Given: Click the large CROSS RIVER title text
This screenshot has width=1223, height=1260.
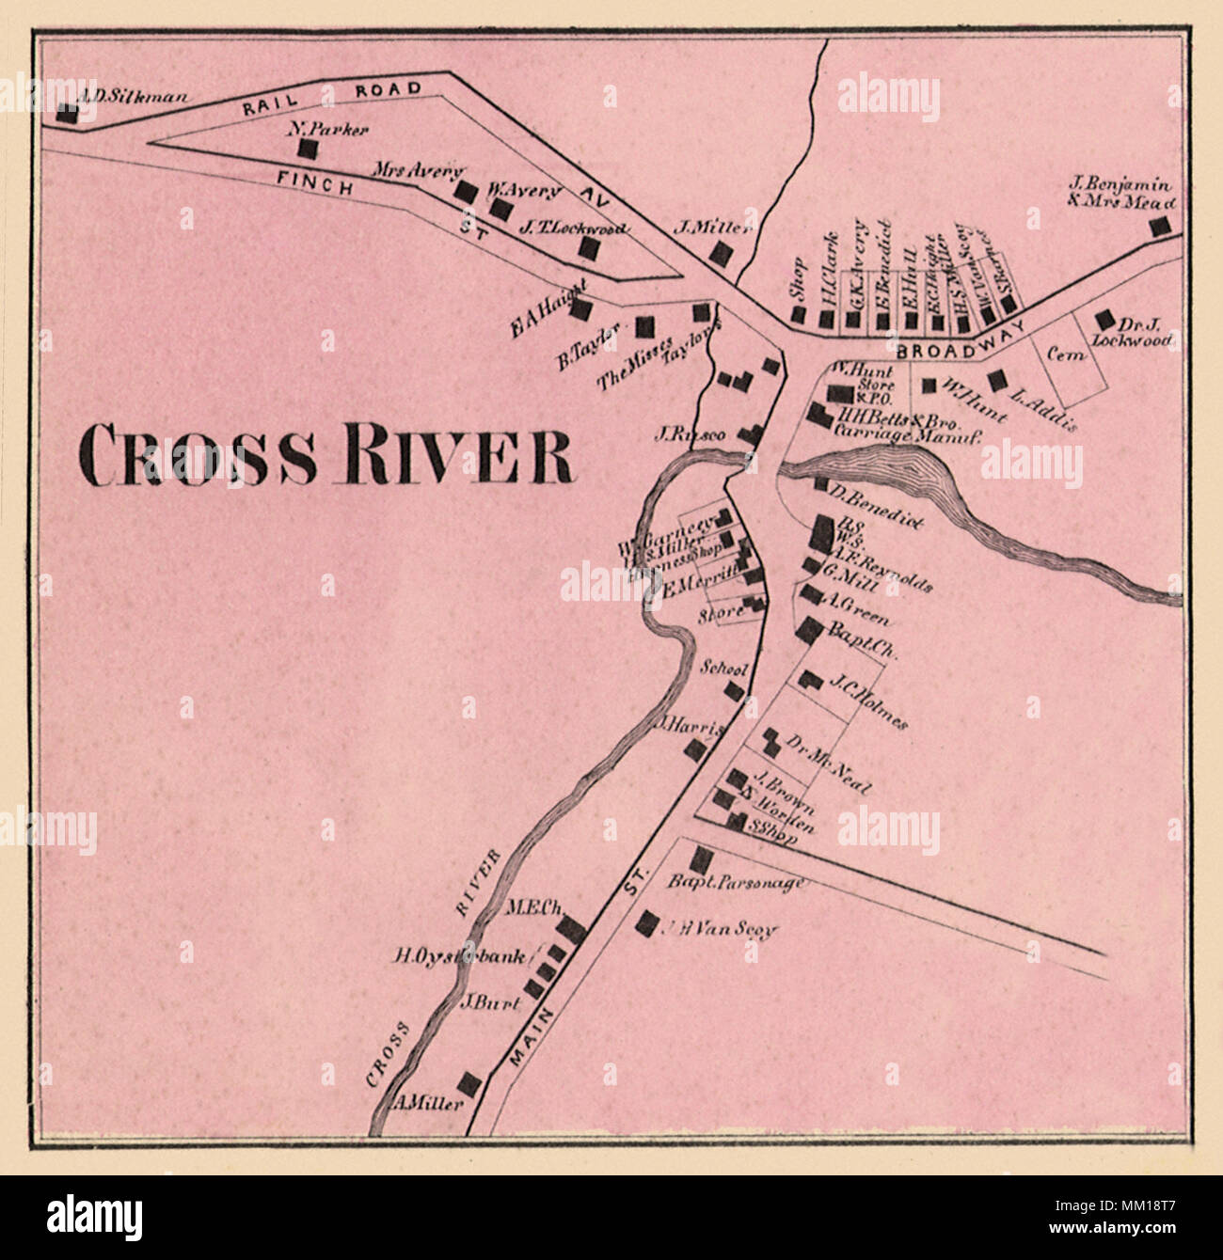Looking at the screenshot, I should pyautogui.click(x=325, y=453).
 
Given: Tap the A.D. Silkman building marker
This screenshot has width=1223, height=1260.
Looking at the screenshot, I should pyautogui.click(x=67, y=113).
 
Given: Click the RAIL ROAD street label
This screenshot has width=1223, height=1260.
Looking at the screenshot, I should pyautogui.click(x=331, y=99).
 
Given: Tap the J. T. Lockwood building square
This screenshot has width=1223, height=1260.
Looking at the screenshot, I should pyautogui.click(x=588, y=248).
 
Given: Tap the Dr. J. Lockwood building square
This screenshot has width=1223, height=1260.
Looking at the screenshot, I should pyautogui.click(x=1104, y=320).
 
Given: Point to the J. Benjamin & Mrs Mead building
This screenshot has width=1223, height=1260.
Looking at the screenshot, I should pyautogui.click(x=1163, y=226).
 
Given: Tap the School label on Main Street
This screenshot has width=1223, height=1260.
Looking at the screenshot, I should pyautogui.click(x=724, y=669).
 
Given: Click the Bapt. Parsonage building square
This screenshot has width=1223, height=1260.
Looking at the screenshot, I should pyautogui.click(x=701, y=858).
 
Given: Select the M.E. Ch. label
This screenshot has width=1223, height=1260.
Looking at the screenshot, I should pyautogui.click(x=534, y=908).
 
